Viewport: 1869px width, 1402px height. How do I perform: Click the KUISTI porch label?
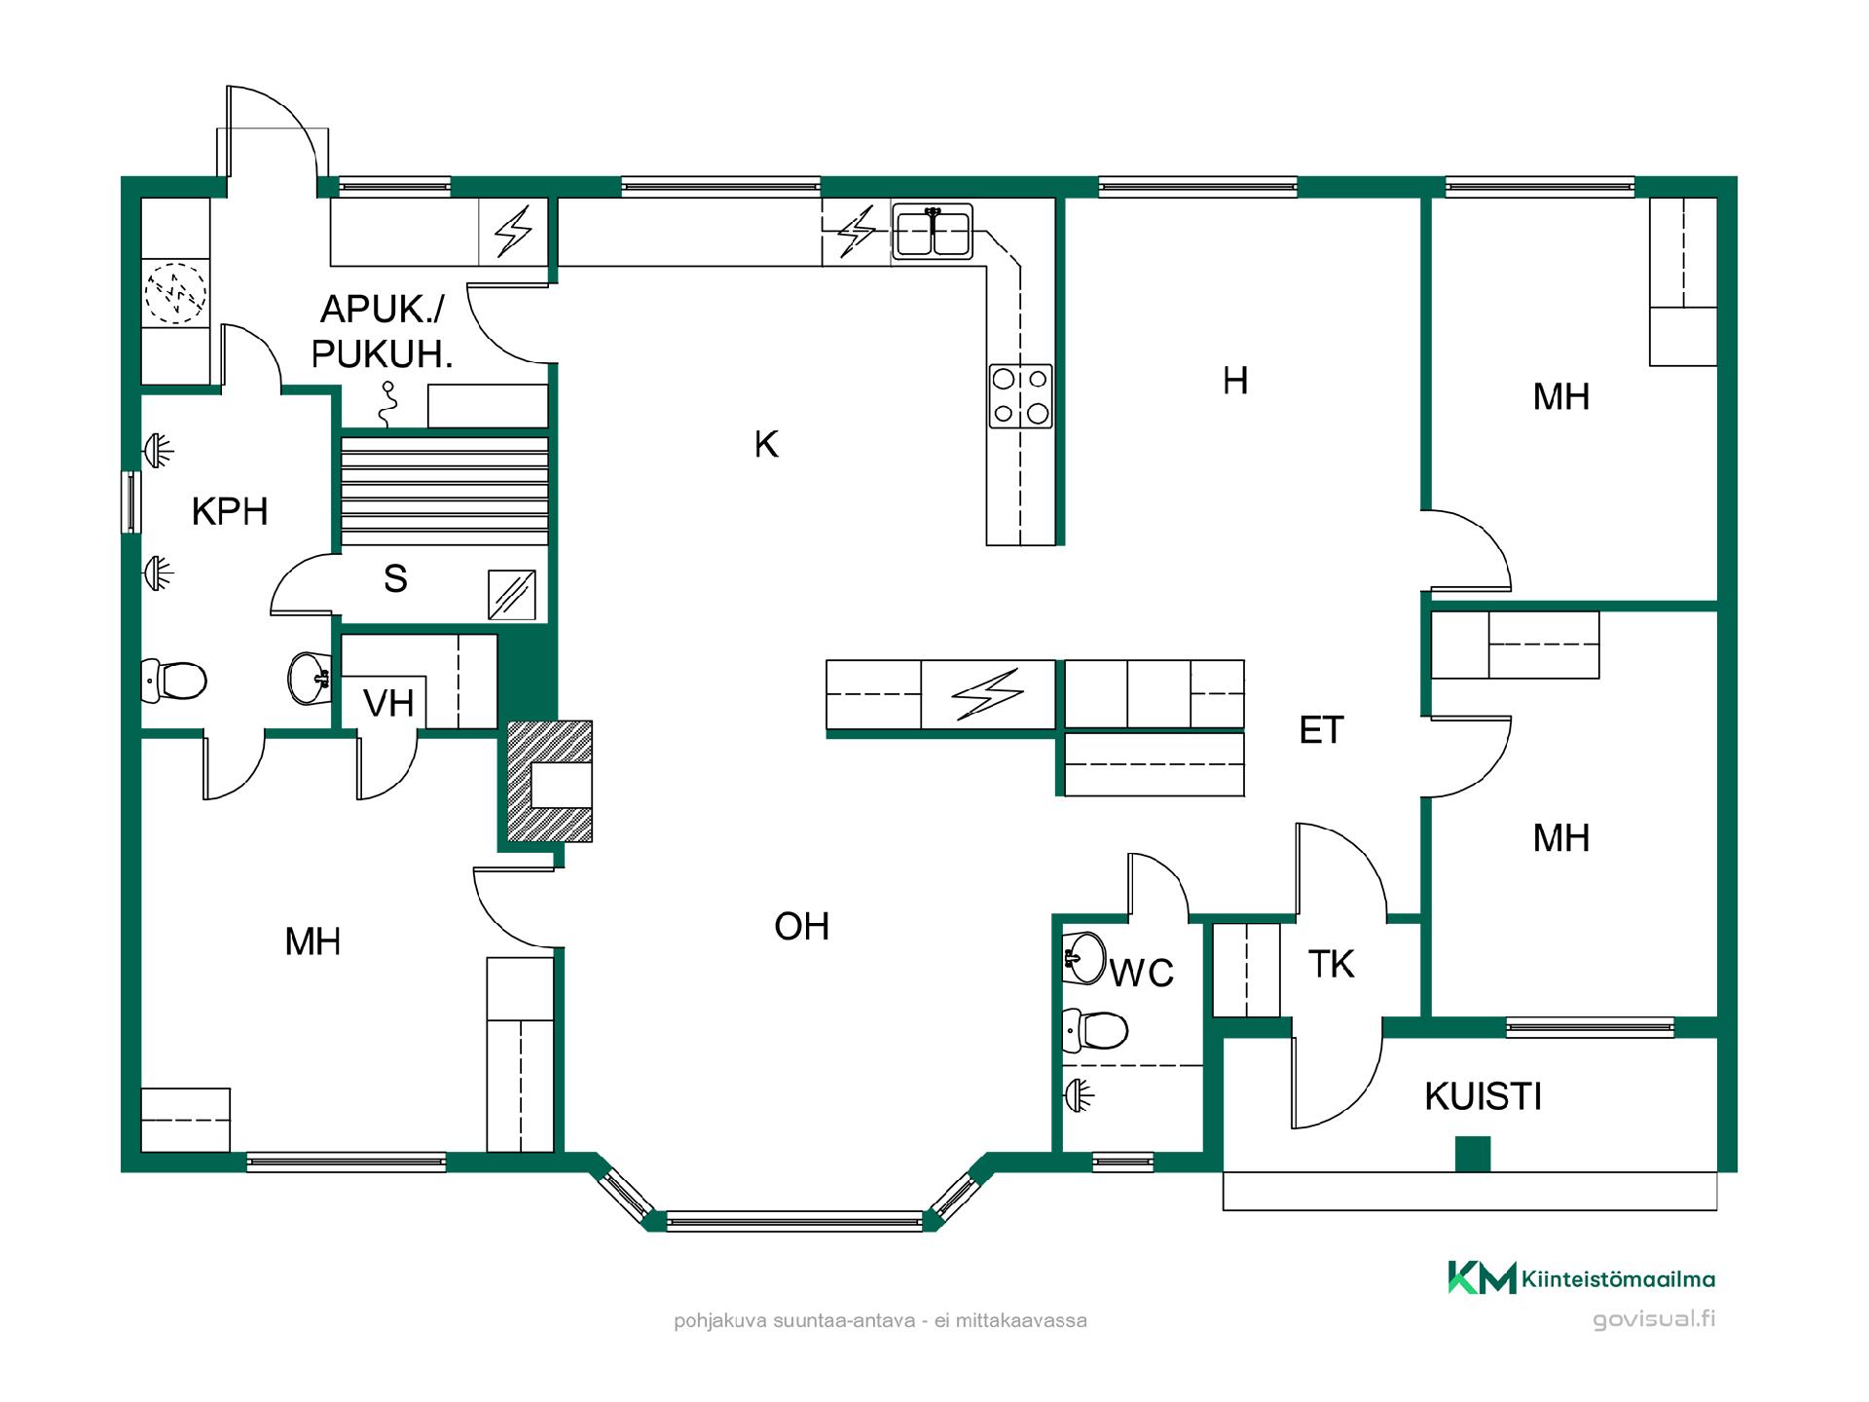1483,1096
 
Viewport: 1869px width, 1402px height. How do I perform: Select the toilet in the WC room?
1094,1030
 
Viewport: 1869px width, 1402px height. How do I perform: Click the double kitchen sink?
933,232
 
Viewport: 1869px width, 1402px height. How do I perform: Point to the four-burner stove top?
1020,395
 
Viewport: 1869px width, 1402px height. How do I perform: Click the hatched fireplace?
549,781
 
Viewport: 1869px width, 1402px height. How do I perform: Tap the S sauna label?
394,578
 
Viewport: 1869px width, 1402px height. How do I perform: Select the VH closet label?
388,703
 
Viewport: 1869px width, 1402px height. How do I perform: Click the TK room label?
1331,964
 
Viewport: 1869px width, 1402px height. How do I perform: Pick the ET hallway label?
1321,730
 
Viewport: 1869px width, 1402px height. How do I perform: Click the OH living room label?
801,927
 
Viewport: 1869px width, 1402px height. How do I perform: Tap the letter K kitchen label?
766,444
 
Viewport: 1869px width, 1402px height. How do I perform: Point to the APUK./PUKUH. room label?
382,331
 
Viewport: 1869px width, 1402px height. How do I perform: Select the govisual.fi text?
1654,1320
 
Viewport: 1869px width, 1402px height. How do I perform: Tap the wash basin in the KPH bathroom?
311,678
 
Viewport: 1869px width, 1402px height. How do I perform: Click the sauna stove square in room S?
511,595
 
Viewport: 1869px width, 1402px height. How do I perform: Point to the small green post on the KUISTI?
1472,1154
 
